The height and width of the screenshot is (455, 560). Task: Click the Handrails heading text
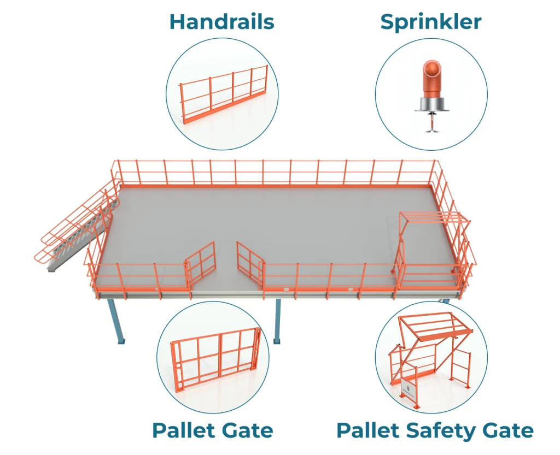click(x=221, y=22)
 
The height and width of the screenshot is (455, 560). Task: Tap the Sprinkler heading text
click(x=431, y=22)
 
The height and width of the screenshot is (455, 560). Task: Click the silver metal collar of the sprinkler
click(x=431, y=104)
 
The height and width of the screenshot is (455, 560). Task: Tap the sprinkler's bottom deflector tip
click(x=431, y=128)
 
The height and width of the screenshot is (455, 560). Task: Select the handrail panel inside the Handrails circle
click(x=224, y=96)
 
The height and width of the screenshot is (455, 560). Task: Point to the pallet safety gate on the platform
click(x=432, y=246)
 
